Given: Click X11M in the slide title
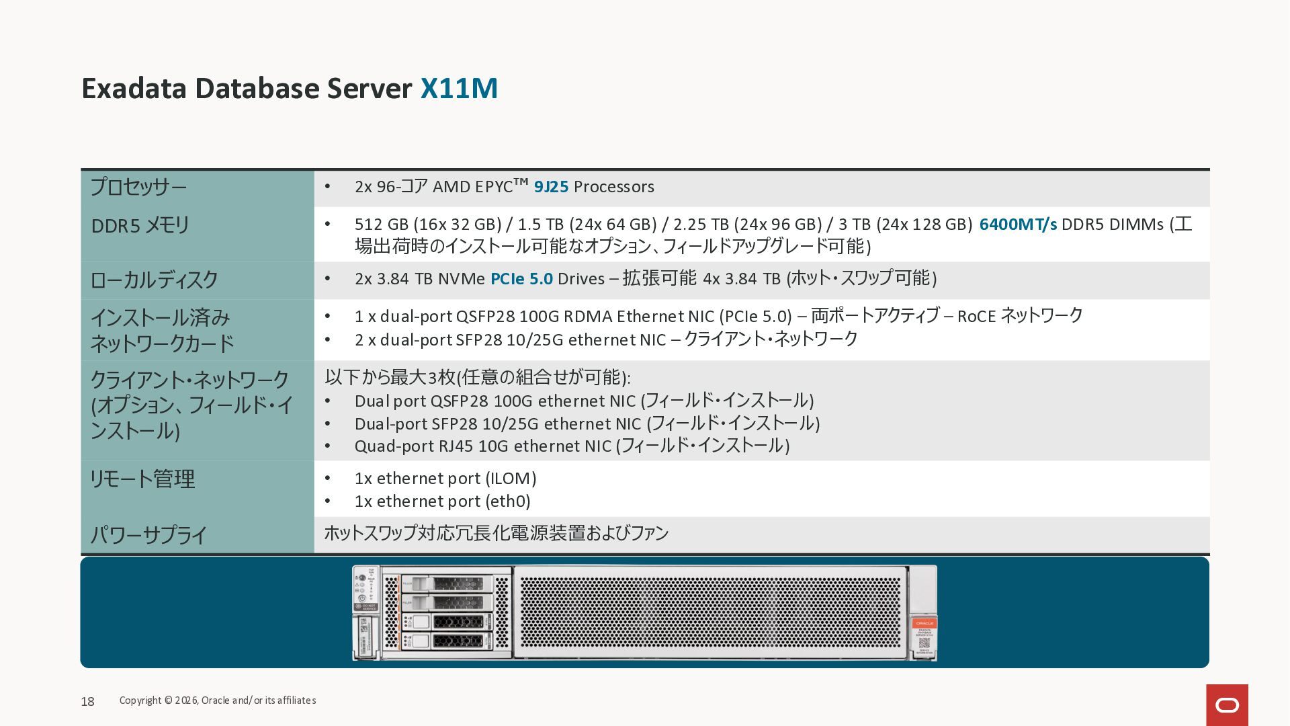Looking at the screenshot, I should pos(459,89).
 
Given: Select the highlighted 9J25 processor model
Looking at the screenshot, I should pos(551,187).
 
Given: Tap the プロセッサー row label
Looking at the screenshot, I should pos(138,187).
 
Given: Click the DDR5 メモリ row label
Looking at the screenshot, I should pos(140,225).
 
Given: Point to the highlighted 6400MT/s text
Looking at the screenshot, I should pos(1018,225).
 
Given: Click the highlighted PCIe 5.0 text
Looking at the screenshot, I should pos(521,279).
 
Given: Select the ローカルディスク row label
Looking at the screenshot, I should pos(154,280).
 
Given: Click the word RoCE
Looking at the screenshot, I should pos(976,317).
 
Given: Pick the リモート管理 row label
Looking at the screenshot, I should pos(142,479).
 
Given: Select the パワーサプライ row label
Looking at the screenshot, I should pos(148,536).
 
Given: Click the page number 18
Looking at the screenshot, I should pos(87,702).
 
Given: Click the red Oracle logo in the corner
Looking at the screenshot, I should pos(1227,705).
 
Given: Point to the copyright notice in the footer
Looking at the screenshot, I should pos(218,700).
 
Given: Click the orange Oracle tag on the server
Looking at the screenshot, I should pos(924,624).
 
